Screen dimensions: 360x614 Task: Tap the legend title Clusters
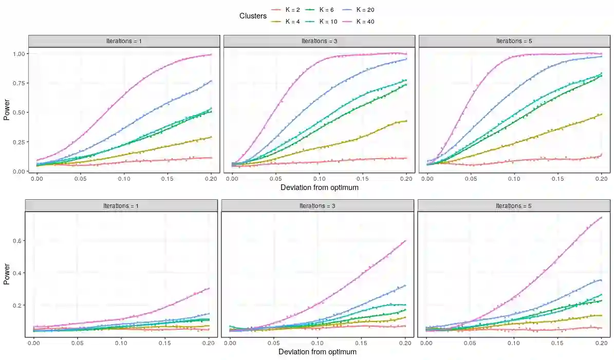253,16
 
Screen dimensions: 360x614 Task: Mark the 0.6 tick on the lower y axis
18,241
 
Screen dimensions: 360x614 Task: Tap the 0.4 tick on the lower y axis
18,273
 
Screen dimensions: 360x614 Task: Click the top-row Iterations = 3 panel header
319,41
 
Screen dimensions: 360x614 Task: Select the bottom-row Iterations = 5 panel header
513,206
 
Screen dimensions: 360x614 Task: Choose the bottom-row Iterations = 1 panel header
122,206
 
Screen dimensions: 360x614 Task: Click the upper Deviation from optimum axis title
319,187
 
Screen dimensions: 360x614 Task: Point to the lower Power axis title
7,275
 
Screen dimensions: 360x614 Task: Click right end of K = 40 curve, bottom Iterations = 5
601,217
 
